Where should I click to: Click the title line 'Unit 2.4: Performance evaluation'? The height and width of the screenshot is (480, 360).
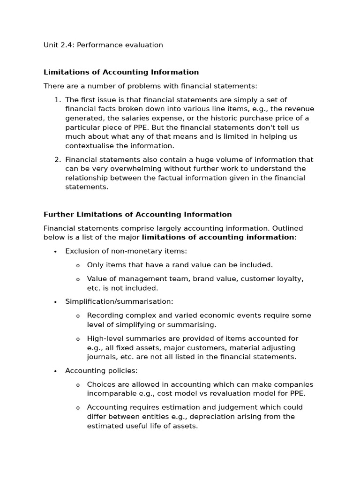coord(103,45)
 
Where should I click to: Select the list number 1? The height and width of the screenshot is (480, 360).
coord(57,100)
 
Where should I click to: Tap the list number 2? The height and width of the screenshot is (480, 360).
coord(57,159)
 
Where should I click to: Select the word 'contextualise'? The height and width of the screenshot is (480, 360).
coord(88,146)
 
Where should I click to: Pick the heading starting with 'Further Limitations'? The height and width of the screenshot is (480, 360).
coord(137,214)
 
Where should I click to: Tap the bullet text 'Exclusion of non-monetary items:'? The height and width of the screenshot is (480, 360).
coord(126,251)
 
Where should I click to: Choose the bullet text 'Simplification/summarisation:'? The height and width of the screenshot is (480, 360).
coord(119,301)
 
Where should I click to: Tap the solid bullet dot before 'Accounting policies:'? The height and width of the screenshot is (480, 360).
coord(55,371)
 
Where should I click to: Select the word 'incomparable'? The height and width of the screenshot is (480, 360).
coord(110,394)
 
